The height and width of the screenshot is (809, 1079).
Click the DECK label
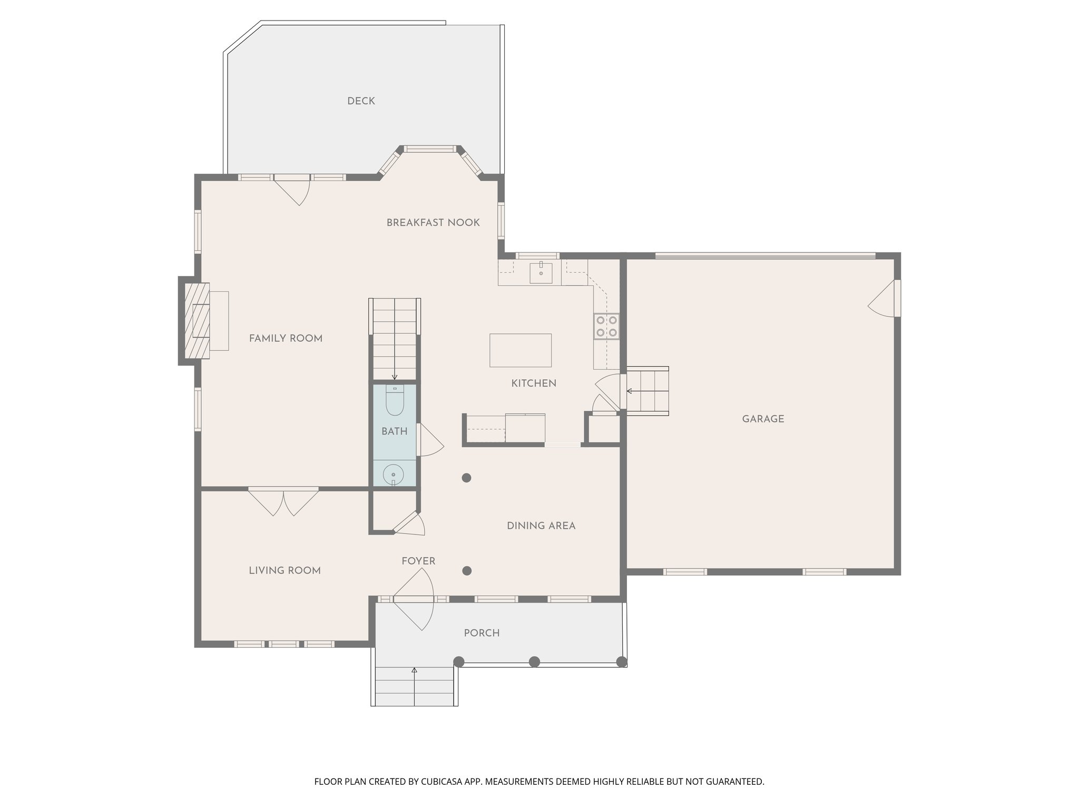[x=361, y=101]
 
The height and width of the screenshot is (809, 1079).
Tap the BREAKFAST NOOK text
[x=433, y=223]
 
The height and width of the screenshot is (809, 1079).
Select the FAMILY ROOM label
[x=286, y=339]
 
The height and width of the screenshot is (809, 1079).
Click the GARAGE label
[x=763, y=419]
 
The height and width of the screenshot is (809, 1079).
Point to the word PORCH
[x=482, y=633]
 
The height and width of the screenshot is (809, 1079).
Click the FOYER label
[x=418, y=561]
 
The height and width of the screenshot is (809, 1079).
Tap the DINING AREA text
[x=541, y=526]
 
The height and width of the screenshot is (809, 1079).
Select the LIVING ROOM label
[x=285, y=570]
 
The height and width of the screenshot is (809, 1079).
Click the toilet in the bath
[x=395, y=401]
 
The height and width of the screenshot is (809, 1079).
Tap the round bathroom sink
[x=393, y=475]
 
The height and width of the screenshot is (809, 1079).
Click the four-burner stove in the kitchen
[x=606, y=326]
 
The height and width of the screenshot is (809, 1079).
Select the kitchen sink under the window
[x=541, y=272]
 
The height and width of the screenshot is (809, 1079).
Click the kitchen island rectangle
[x=521, y=350]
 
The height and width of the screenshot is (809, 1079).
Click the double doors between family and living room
[x=283, y=501]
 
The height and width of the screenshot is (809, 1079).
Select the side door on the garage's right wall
[x=885, y=299]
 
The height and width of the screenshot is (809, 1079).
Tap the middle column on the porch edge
[x=534, y=662]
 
